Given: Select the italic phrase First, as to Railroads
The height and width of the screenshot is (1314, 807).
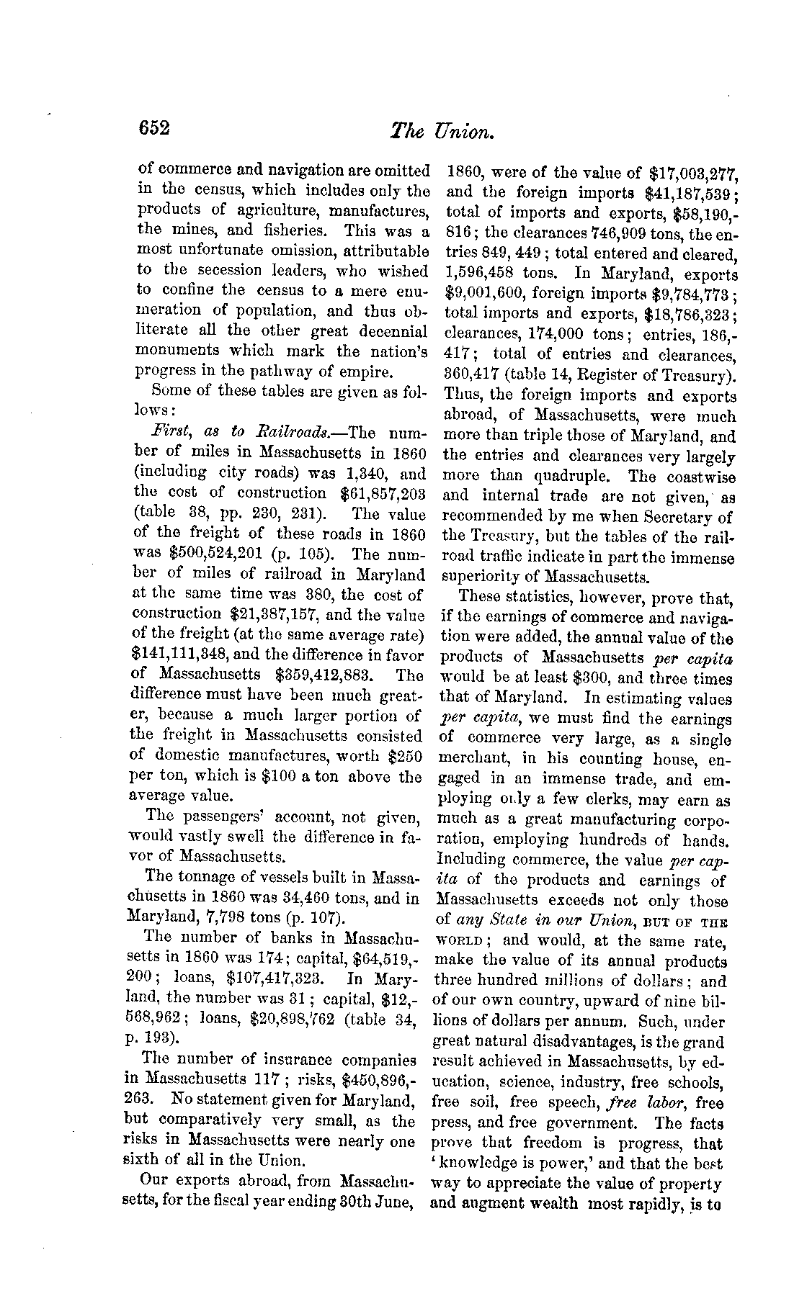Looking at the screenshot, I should pos(240,432).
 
